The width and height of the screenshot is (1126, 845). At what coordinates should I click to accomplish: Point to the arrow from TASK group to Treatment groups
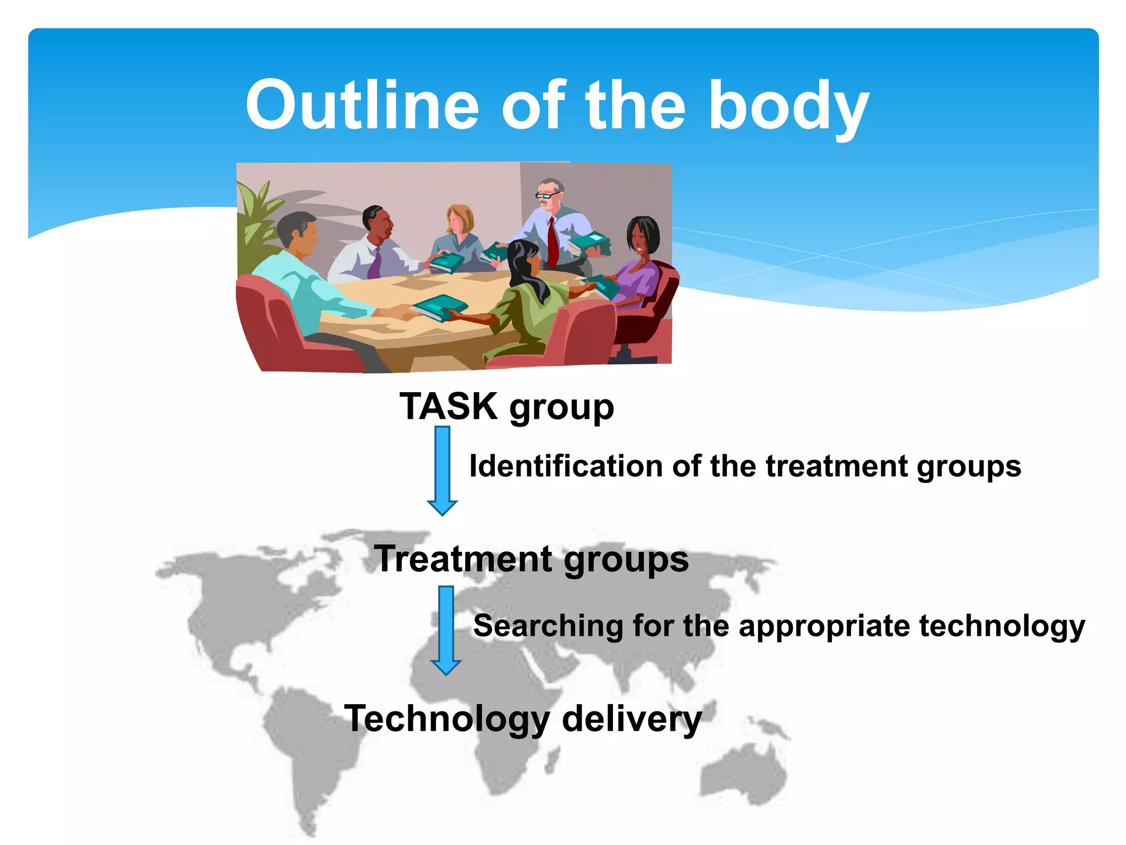[442, 470]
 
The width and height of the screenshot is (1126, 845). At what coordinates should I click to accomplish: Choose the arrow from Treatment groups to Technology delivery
[446, 629]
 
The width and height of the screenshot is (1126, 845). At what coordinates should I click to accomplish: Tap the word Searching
[548, 625]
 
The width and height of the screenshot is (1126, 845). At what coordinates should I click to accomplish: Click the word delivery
[632, 718]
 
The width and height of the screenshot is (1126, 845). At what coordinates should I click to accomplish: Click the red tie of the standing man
[552, 242]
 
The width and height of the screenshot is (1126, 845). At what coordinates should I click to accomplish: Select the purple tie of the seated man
[375, 264]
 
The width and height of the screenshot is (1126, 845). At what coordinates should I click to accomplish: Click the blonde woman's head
[459, 218]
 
